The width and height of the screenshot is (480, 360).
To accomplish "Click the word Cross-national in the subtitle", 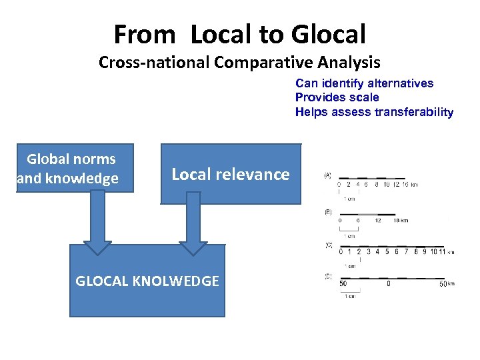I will (155, 63).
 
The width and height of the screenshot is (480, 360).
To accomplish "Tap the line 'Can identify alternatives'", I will (364, 83).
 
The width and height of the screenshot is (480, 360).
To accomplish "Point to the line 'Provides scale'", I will (337, 97).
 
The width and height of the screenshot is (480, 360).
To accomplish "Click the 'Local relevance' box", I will (231, 174).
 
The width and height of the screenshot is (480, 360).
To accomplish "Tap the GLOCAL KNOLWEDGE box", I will (147, 281).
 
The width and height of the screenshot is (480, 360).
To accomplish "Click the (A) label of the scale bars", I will (328, 175).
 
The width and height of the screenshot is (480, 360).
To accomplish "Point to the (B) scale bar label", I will (328, 211).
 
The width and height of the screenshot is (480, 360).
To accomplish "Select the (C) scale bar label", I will (328, 245).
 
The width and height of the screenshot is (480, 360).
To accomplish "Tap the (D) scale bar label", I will (328, 276).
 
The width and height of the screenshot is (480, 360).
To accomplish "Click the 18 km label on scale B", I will (400, 220).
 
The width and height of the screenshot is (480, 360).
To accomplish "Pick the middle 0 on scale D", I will (389, 283).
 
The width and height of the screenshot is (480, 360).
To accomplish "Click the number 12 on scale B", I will (379, 220).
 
